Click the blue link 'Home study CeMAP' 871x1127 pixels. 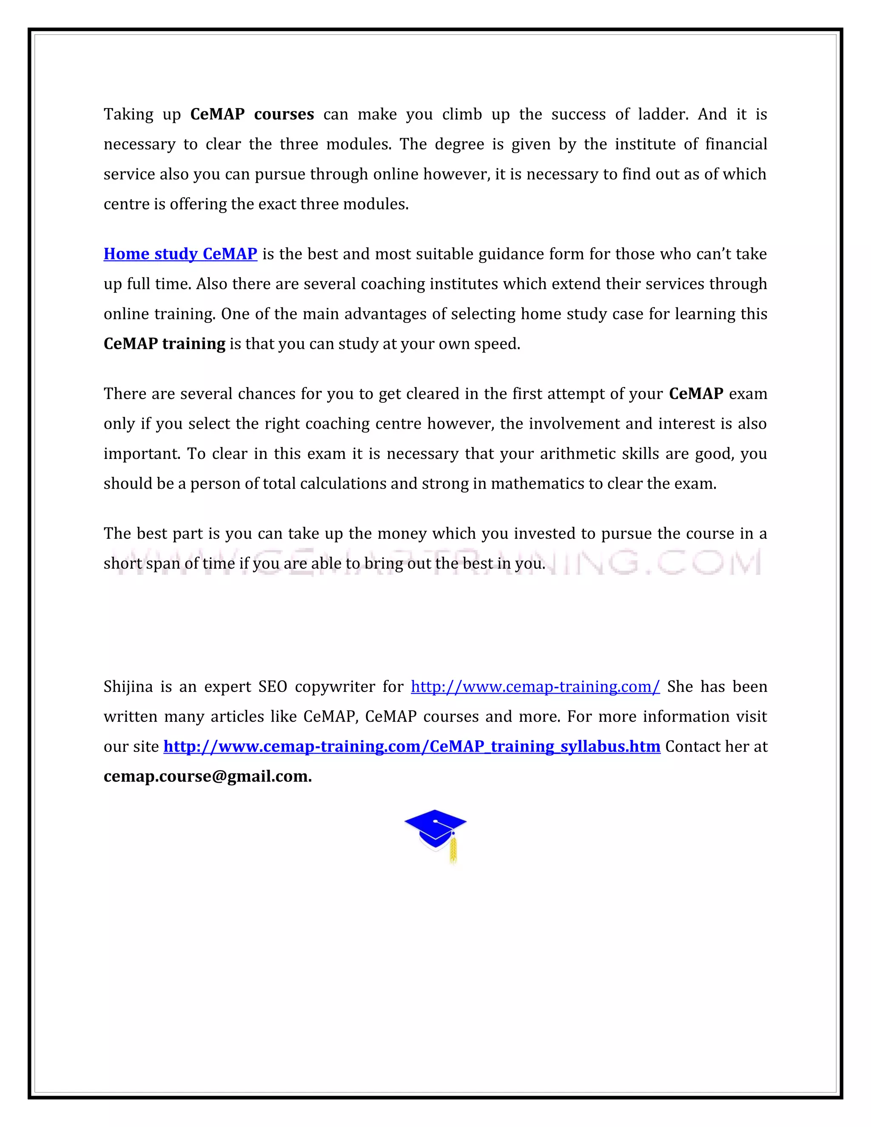(180, 254)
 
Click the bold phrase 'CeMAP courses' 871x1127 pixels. (252, 114)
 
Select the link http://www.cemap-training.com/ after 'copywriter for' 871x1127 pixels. (535, 687)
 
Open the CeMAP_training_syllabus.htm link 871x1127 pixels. (412, 747)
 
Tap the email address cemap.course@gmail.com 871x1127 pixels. (208, 777)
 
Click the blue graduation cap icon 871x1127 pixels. (435, 829)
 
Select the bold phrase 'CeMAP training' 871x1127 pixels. (164, 344)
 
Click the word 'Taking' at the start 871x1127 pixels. (128, 114)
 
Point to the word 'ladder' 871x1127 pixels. (663, 114)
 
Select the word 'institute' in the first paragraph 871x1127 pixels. (646, 144)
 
